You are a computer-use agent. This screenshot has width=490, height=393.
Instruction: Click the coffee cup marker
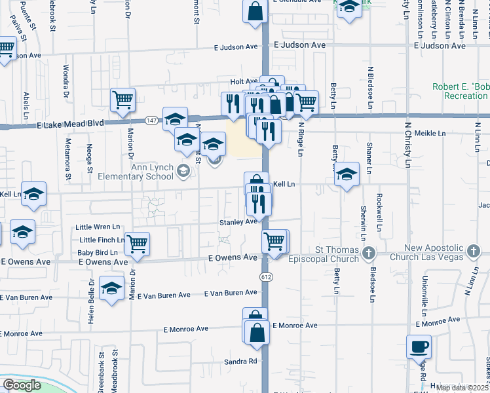419,347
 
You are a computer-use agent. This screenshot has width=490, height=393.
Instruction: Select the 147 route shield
151,121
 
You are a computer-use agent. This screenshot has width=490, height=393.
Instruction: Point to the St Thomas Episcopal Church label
337,254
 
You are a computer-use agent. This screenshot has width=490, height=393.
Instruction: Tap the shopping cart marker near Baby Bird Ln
138,244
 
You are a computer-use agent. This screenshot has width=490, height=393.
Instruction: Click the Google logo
22,385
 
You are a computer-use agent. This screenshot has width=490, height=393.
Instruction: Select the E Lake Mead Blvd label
71,123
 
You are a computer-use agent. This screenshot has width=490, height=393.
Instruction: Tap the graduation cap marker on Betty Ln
347,174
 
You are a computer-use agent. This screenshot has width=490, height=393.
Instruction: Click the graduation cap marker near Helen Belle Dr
111,288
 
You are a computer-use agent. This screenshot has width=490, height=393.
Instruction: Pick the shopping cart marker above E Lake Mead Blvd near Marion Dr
122,100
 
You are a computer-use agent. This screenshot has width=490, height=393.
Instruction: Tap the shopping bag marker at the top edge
255,11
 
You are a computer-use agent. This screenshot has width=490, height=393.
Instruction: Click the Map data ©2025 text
462,388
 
